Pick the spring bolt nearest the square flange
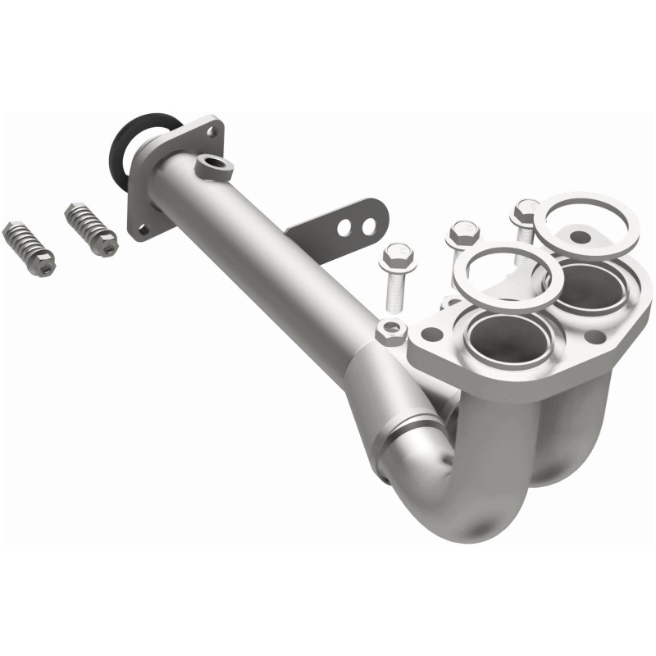[x=92, y=229]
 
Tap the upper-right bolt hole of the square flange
[x=213, y=130]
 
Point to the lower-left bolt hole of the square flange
[x=143, y=230]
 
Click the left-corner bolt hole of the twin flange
[x=432, y=335]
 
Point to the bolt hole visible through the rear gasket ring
[x=580, y=238]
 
